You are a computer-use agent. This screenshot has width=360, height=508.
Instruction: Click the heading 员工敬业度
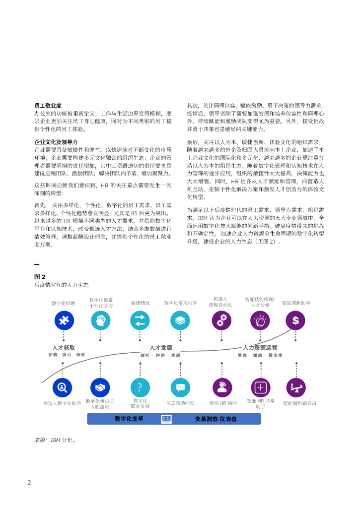[48, 106]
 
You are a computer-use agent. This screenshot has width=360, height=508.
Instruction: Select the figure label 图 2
[40, 277]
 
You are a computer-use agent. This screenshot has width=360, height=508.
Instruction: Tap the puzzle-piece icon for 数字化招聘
[64, 320]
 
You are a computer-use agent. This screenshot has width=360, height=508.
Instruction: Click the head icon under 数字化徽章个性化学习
[101, 320]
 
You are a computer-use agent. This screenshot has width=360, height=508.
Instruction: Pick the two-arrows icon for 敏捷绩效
[140, 320]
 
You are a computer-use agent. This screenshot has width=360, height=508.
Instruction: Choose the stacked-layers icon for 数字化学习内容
[180, 320]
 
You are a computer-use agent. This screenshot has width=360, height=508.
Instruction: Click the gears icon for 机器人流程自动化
[221, 320]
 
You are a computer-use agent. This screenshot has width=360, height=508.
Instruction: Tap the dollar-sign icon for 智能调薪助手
[295, 320]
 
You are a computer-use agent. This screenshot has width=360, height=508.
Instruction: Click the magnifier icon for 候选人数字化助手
[63, 387]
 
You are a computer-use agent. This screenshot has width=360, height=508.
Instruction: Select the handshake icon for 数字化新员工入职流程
[100, 387]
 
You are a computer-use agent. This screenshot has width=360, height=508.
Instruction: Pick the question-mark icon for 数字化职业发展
[140, 387]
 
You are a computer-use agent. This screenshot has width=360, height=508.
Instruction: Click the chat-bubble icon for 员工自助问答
[180, 387]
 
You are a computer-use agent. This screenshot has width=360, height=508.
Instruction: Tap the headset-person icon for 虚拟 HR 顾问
[222, 387]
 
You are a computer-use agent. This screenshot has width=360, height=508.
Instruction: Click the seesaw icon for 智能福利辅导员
[296, 387]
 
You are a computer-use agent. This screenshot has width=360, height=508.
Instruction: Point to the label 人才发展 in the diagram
[161, 348]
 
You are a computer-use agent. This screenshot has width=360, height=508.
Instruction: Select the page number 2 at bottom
[29, 483]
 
